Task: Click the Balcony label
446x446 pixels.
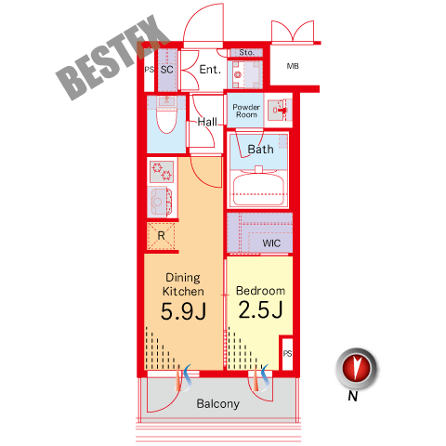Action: (x=218, y=404)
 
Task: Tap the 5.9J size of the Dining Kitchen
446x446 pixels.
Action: (x=183, y=311)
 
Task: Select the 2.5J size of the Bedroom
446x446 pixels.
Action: (x=260, y=309)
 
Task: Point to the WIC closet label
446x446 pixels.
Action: (x=271, y=243)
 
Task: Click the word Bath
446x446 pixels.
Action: (x=260, y=150)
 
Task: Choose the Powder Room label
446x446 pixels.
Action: (x=246, y=111)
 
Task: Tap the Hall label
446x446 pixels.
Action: (x=207, y=122)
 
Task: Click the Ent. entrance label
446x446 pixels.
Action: (x=210, y=70)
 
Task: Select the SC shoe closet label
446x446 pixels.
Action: (x=167, y=70)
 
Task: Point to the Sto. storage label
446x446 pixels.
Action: (x=246, y=53)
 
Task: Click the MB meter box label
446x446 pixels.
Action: (x=293, y=66)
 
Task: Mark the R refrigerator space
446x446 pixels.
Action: (x=161, y=236)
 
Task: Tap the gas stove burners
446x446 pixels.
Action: (x=162, y=171)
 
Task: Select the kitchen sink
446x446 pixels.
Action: (x=161, y=202)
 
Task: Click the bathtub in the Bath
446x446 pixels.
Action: (x=258, y=189)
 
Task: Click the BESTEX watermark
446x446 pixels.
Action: (x=112, y=58)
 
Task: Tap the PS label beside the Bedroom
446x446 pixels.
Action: (x=287, y=353)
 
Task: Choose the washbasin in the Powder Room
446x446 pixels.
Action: (x=278, y=110)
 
